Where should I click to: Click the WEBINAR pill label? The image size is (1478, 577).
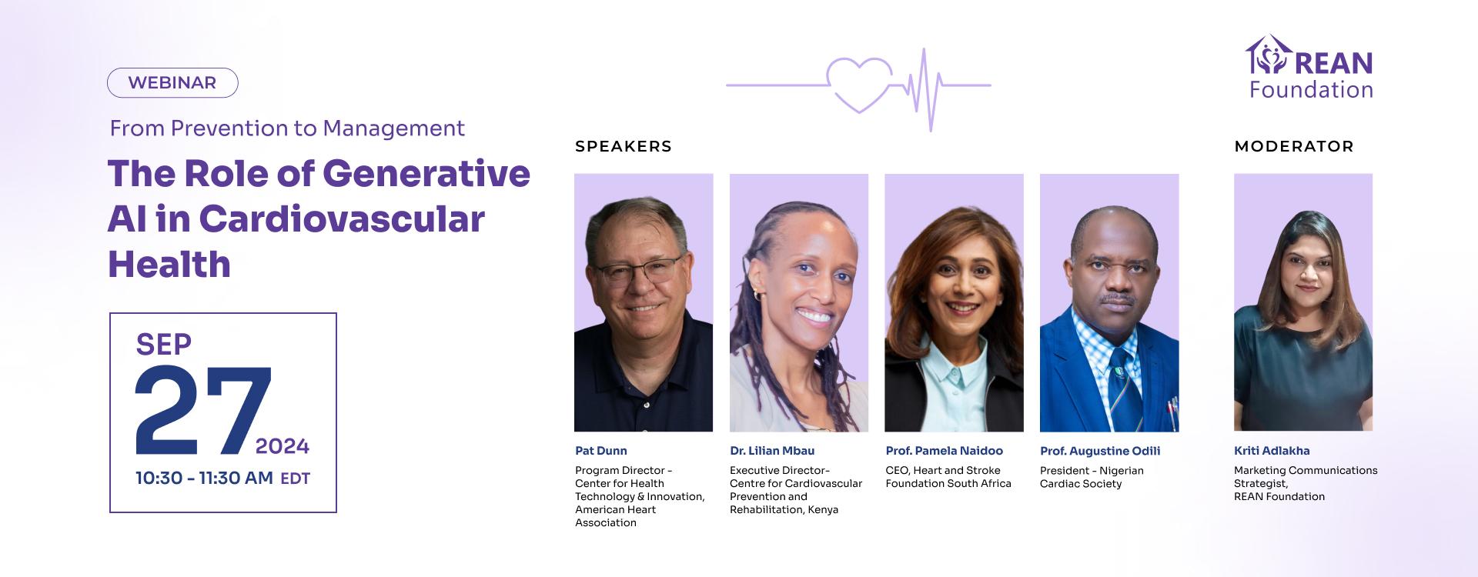point(172,82)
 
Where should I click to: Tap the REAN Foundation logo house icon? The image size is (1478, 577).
point(1268,55)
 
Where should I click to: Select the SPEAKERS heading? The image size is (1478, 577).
point(624,146)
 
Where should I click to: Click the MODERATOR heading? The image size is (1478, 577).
point(1294,146)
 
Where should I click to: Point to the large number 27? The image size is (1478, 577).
point(203,410)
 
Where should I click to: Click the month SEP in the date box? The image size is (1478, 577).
point(164,344)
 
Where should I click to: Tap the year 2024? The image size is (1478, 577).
point(283,446)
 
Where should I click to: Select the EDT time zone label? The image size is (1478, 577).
point(295,479)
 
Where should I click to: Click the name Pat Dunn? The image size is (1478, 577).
point(601,451)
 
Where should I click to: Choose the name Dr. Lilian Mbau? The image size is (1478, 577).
point(772,451)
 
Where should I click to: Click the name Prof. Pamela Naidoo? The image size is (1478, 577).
point(945,451)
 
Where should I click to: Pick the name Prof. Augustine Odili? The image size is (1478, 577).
point(1100,451)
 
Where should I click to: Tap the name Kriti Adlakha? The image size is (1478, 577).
point(1272,451)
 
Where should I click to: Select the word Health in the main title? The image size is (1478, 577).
point(169,265)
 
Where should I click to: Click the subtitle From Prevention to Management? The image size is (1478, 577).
point(287,128)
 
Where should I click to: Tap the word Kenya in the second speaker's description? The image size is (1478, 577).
point(823,510)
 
